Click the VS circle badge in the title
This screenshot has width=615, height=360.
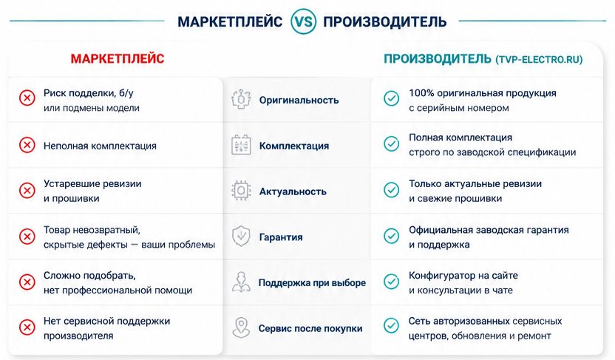tap(303, 21)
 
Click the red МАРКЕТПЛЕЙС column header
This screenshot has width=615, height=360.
tap(118, 59)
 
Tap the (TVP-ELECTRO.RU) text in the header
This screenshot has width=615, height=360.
tap(539, 60)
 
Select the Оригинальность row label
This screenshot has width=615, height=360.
tap(299, 100)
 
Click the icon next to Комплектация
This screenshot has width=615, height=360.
tap(241, 145)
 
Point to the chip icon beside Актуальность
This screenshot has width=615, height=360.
tap(241, 191)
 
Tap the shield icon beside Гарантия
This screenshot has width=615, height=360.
tap(241, 236)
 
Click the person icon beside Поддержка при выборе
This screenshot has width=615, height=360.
tap(241, 282)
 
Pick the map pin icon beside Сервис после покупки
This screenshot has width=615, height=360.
tap(241, 327)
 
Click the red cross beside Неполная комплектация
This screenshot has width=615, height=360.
tap(27, 145)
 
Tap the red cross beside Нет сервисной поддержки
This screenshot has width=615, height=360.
tap(27, 327)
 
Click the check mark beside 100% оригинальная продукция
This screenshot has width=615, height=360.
tap(391, 98)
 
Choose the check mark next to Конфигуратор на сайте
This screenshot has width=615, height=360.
tap(391, 281)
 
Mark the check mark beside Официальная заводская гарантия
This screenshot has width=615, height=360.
tap(391, 236)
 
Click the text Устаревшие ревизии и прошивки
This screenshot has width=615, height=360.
tap(92, 191)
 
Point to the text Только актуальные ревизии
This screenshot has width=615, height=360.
tap(475, 183)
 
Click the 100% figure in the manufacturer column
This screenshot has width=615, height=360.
tap(421, 93)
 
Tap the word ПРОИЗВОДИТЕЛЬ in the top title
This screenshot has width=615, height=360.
tap(384, 21)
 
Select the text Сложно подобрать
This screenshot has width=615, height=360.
tap(89, 276)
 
